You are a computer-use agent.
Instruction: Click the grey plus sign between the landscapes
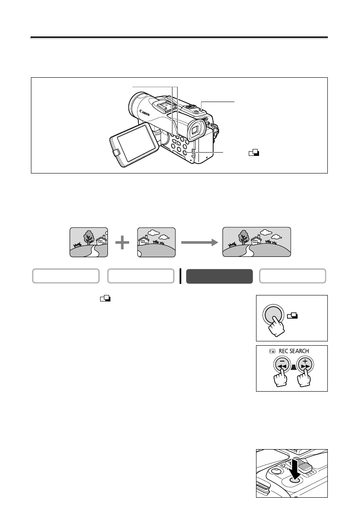coord(122,243)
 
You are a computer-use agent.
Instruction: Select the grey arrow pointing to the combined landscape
coord(198,243)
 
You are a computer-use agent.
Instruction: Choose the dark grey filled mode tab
coord(219,276)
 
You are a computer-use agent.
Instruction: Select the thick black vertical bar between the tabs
coord(180,276)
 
